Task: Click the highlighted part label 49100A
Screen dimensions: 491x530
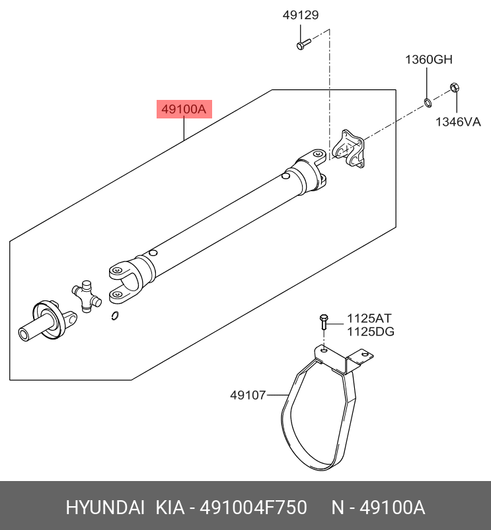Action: pos(184,109)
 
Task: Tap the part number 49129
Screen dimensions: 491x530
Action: pos(301,14)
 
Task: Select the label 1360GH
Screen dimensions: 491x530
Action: pos(428,60)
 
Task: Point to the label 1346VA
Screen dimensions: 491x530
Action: pos(457,122)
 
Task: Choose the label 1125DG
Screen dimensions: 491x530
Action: pos(371,331)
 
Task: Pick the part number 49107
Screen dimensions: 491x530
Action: pos(248,396)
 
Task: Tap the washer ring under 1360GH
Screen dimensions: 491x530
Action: pos(428,102)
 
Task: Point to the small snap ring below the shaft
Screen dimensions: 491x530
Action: pos(116,316)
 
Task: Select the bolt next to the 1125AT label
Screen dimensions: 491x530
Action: pos(324,322)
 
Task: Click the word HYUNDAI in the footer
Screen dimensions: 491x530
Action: pos(104,508)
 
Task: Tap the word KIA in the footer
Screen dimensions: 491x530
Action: pos(170,508)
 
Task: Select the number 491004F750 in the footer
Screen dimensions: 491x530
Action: pos(254,508)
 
